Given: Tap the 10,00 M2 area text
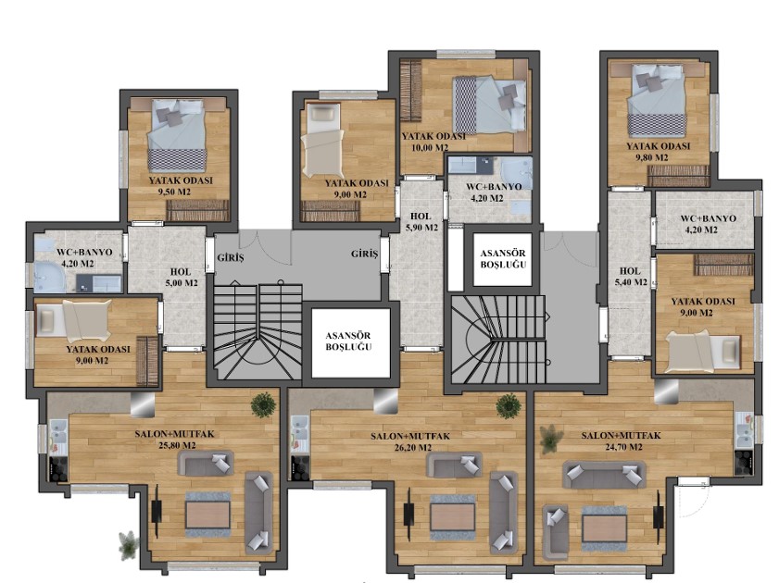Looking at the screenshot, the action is (x=430, y=147).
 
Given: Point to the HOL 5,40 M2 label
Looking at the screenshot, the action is (x=633, y=277).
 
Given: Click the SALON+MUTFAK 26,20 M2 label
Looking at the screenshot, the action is (x=410, y=441).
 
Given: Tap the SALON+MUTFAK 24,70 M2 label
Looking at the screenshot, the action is (x=621, y=441).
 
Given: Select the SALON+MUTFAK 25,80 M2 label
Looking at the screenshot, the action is (x=174, y=440).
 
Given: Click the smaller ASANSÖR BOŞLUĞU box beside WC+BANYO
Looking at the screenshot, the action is (x=503, y=259).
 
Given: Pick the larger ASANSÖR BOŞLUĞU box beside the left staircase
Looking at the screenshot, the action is (x=350, y=341).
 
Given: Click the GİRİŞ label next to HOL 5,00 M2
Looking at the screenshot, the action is (x=231, y=258).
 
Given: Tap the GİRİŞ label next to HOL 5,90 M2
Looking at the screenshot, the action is (x=365, y=254).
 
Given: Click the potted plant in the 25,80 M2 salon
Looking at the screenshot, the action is (x=263, y=404).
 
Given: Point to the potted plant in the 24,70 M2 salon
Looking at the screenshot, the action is (x=551, y=440).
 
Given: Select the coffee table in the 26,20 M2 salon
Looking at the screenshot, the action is (x=453, y=517).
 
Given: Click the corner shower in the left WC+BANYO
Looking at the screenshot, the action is (x=49, y=275).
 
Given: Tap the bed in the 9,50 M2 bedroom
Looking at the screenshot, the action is (x=177, y=136).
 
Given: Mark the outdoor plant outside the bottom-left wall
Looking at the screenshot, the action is (x=129, y=545).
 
